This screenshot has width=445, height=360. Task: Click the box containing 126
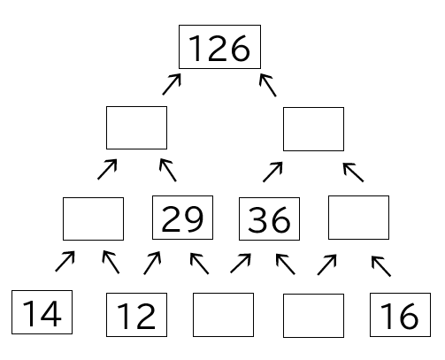tap(219, 47)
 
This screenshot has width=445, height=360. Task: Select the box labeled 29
tap(182, 218)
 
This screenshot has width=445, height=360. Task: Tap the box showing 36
tap(269, 218)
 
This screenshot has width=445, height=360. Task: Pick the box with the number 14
tap(42, 312)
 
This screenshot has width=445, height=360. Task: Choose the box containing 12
tap(136, 315)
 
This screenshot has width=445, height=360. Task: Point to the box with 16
tap(400, 315)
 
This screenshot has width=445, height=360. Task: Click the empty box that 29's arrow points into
tap(136, 127)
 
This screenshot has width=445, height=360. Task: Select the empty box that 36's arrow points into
tap(313, 129)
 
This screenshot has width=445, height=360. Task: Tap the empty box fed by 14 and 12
tap(93, 218)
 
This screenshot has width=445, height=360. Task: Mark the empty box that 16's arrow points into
tap(358, 218)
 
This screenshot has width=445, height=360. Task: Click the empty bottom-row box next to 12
tap(223, 315)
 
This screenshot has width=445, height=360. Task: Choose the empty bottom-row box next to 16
tap(313, 316)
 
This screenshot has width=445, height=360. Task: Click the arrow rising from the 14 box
tap(65, 261)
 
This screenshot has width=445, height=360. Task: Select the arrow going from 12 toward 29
tap(152, 263)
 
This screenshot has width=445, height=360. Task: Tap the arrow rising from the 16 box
tap(381, 266)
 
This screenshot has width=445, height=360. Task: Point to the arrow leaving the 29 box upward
tap(168, 170)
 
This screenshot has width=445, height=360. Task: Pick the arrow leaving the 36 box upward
tap(272, 172)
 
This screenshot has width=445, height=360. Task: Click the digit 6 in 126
tap(240, 48)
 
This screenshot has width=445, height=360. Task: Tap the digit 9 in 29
tap(194, 218)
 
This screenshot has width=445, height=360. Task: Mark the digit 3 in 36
tap(258, 220)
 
